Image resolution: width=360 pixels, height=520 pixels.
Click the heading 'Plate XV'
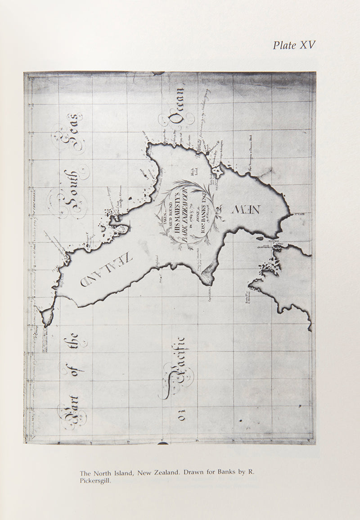[x=294, y=45]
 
